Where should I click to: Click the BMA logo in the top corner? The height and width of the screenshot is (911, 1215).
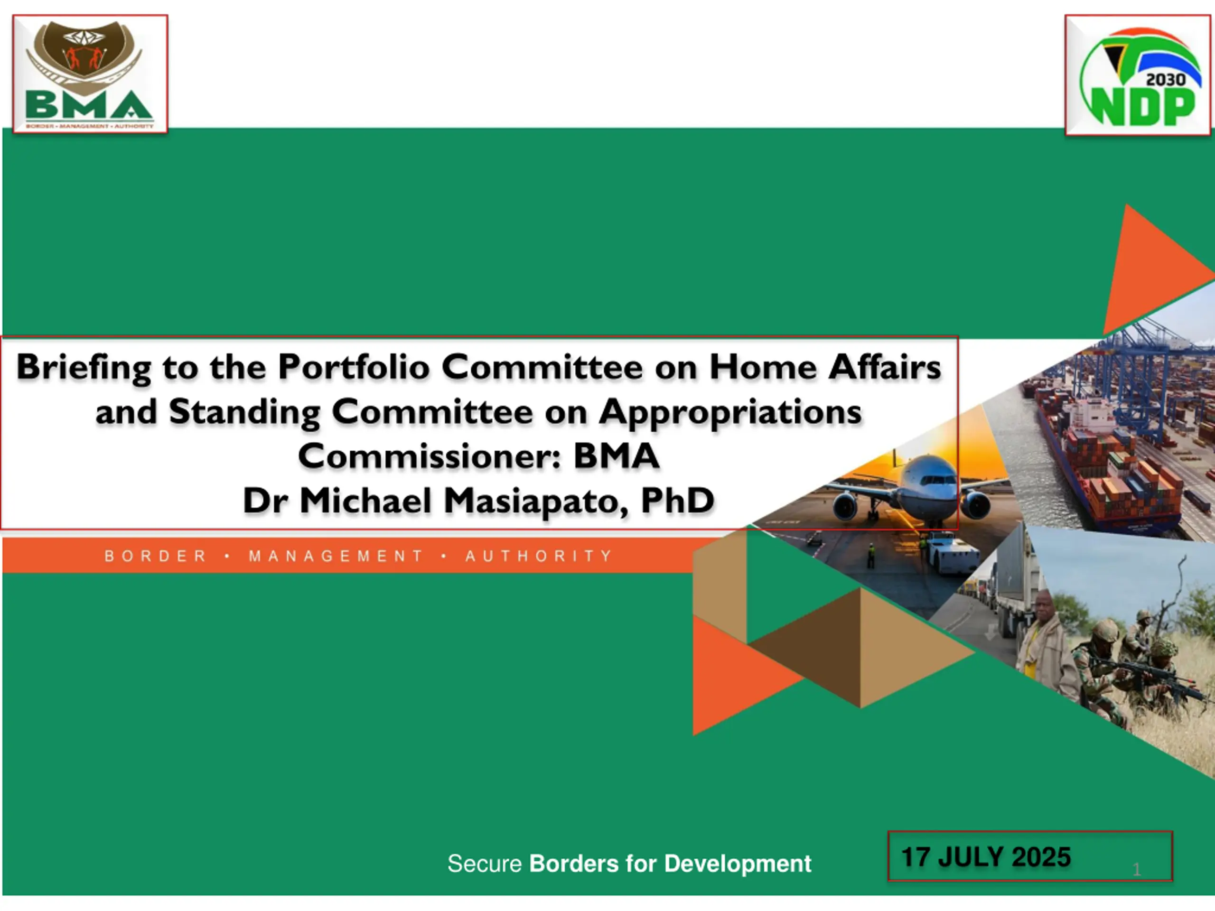(90, 74)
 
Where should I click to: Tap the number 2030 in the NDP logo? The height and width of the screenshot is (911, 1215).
(1166, 80)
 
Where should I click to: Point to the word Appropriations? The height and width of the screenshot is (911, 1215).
(730, 412)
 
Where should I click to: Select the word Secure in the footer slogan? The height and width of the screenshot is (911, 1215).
(485, 864)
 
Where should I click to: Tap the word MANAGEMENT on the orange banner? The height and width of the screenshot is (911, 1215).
(336, 556)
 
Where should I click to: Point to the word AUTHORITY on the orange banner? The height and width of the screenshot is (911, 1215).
(539, 556)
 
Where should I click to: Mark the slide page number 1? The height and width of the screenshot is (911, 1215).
(1137, 869)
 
